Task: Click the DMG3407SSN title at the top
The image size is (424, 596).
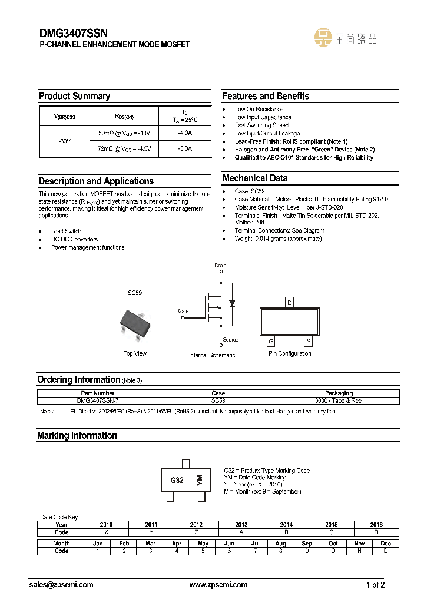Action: coord(74,34)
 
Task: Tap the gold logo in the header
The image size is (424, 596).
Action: coord(323,38)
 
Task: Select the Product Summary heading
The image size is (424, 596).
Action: coord(74,96)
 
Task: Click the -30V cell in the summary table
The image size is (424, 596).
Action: coord(64,142)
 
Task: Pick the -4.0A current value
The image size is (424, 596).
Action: coord(185,134)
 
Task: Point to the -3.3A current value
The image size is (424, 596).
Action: coord(185,149)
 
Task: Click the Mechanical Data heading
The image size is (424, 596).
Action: coord(255,178)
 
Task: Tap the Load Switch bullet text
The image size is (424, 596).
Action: coord(67,231)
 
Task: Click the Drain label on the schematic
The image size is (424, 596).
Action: coord(220,266)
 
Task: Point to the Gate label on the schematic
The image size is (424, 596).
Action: coord(183,310)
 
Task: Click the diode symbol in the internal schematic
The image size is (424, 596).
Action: coord(232,303)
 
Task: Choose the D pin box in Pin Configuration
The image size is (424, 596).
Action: coord(289,303)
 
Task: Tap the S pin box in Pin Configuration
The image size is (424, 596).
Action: coord(308,342)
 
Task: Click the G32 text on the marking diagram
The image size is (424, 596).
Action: coord(177,480)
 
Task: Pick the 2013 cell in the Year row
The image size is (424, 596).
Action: coord(241,524)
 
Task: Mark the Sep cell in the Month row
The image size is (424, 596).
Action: coord(307,544)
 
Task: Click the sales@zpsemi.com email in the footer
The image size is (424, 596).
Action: coord(61,585)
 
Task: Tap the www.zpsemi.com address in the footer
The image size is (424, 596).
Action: coord(218,585)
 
